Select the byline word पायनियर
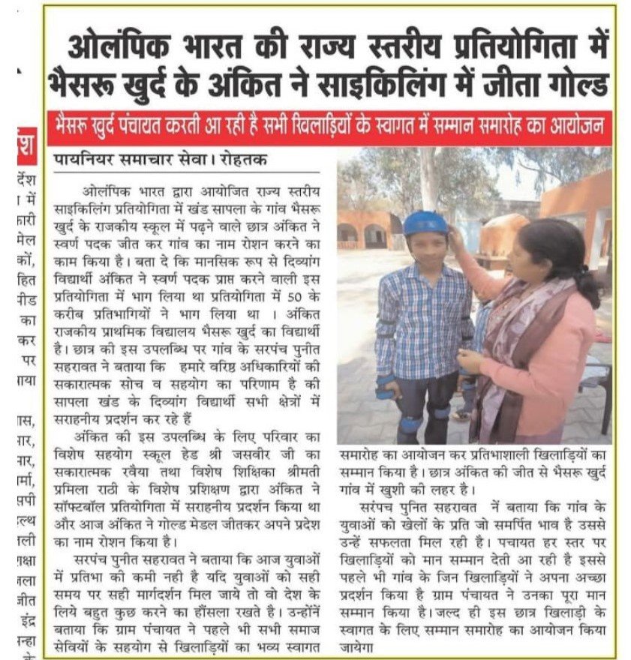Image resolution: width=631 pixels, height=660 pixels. (x=83, y=160)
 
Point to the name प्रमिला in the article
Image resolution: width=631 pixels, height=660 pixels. (x=74, y=488)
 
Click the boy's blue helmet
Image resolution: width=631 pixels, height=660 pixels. (x=425, y=223)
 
